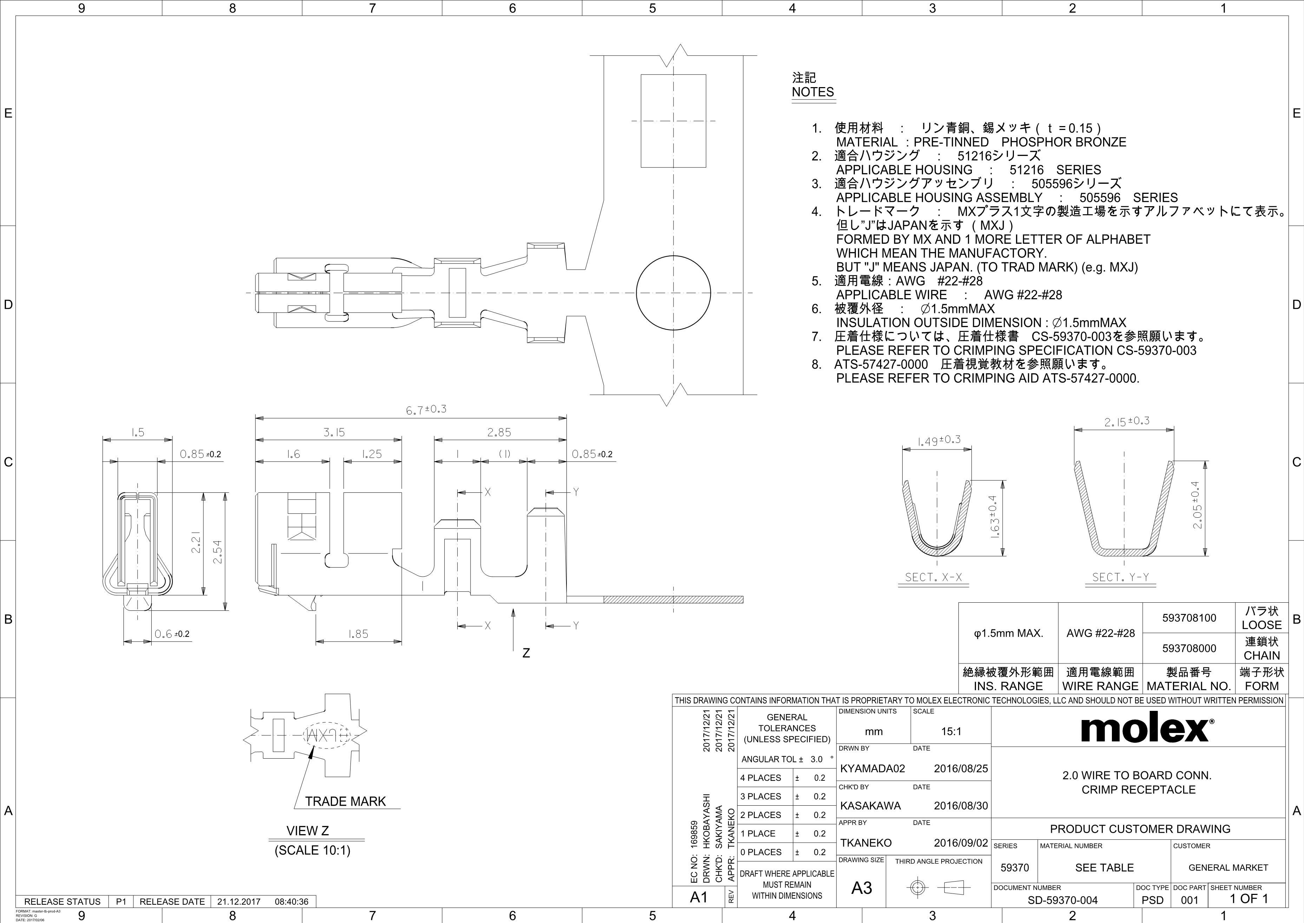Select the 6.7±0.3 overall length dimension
[x=426, y=409]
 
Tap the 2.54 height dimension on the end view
[x=218, y=552]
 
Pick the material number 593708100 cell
[x=1189, y=618]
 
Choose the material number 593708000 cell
[x=1189, y=648]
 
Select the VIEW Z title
[x=307, y=831]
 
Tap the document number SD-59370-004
[x=1062, y=900]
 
